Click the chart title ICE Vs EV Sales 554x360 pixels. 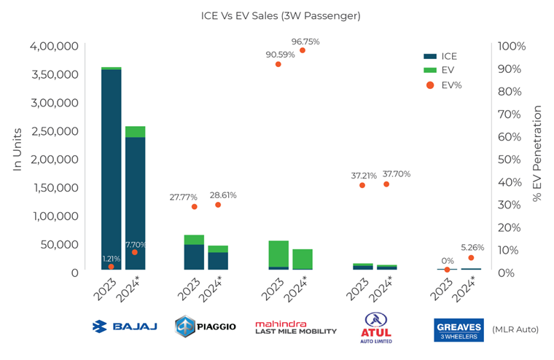point(281,15)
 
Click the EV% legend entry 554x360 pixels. point(442,85)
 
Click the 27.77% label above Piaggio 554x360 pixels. point(185,197)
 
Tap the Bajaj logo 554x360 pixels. point(124,326)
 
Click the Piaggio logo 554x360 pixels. point(206,326)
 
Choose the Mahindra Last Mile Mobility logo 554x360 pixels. point(295,327)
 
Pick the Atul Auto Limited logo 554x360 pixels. point(378,327)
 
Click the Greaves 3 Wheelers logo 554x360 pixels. point(459,329)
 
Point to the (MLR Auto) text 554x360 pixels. point(515,329)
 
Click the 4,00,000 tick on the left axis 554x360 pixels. point(55,46)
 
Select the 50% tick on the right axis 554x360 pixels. point(511,159)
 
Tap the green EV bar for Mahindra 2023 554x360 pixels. point(278,253)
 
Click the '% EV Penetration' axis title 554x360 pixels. point(539,153)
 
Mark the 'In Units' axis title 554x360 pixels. point(17,149)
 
